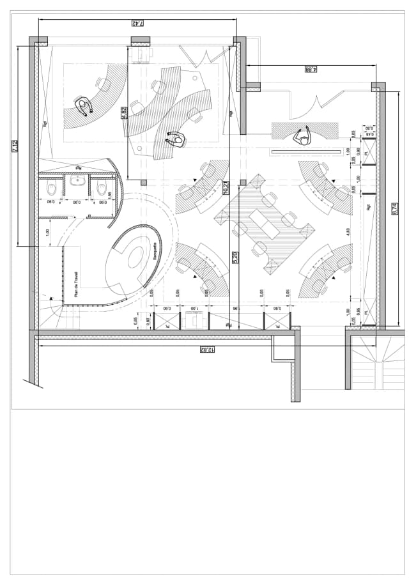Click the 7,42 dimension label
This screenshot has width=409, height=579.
click(x=136, y=24)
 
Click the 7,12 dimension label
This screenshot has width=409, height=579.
click(x=14, y=146)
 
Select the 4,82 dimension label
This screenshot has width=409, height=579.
click(x=124, y=113)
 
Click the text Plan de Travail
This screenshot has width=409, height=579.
click(x=76, y=281)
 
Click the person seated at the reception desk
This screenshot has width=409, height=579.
click(x=301, y=136)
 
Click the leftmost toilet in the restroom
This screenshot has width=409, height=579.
click(x=52, y=188)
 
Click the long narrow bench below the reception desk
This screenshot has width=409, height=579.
click(x=307, y=151)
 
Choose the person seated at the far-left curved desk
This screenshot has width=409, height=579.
click(x=83, y=107)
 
